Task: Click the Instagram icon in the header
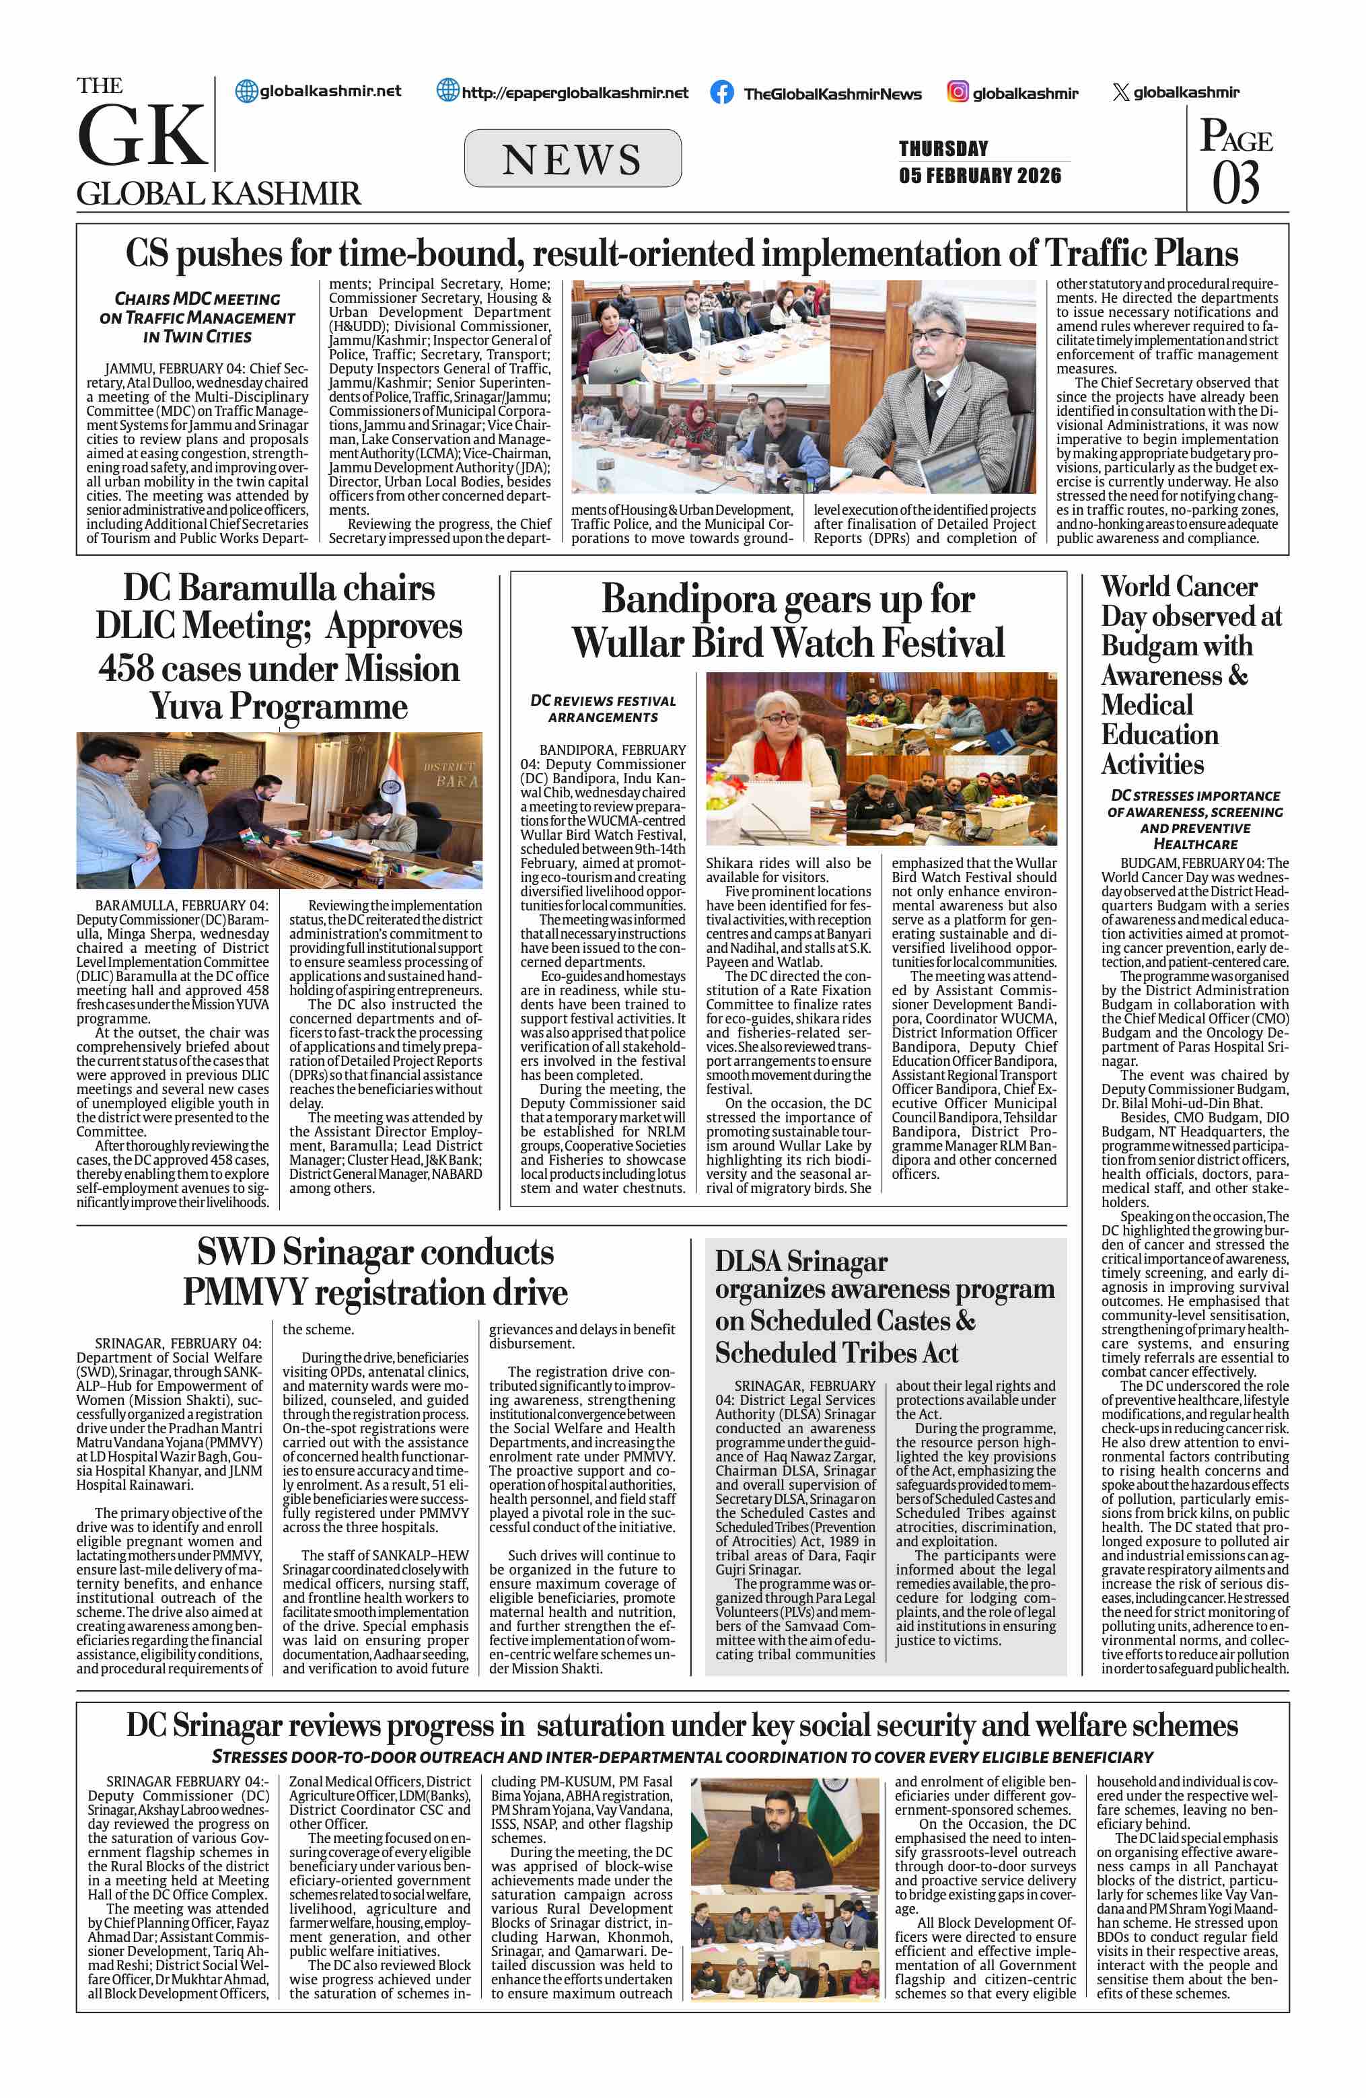[958, 92]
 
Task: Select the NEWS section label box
[572, 159]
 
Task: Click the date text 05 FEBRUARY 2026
[980, 176]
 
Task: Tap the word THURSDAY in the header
[943, 148]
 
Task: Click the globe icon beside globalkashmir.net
[247, 91]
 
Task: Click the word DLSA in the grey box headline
[748, 1262]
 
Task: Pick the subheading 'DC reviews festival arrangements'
[603, 709]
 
